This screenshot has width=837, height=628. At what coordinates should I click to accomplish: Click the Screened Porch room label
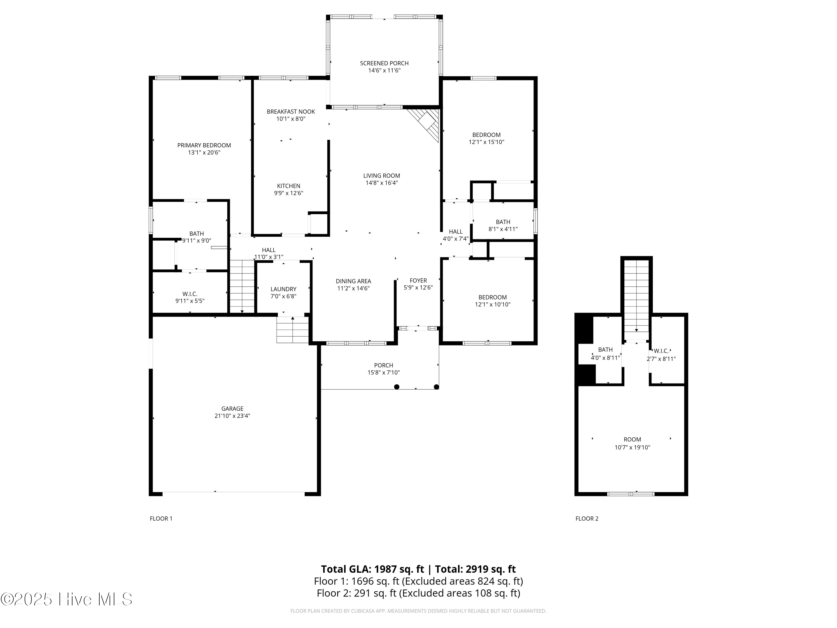click(x=384, y=63)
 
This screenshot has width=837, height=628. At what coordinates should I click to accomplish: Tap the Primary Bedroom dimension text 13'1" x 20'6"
click(x=204, y=153)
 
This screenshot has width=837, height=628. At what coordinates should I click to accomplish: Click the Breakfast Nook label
click(x=291, y=112)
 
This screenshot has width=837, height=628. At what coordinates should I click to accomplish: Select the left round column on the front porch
click(x=396, y=387)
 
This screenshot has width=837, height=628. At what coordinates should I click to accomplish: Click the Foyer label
click(x=418, y=281)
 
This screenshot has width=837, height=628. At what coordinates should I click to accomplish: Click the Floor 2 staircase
click(x=636, y=295)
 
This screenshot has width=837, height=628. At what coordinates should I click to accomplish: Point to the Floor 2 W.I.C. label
click(x=661, y=351)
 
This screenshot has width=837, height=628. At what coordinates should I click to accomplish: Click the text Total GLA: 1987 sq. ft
click(x=372, y=569)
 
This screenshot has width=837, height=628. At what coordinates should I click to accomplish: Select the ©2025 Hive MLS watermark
click(x=67, y=599)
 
